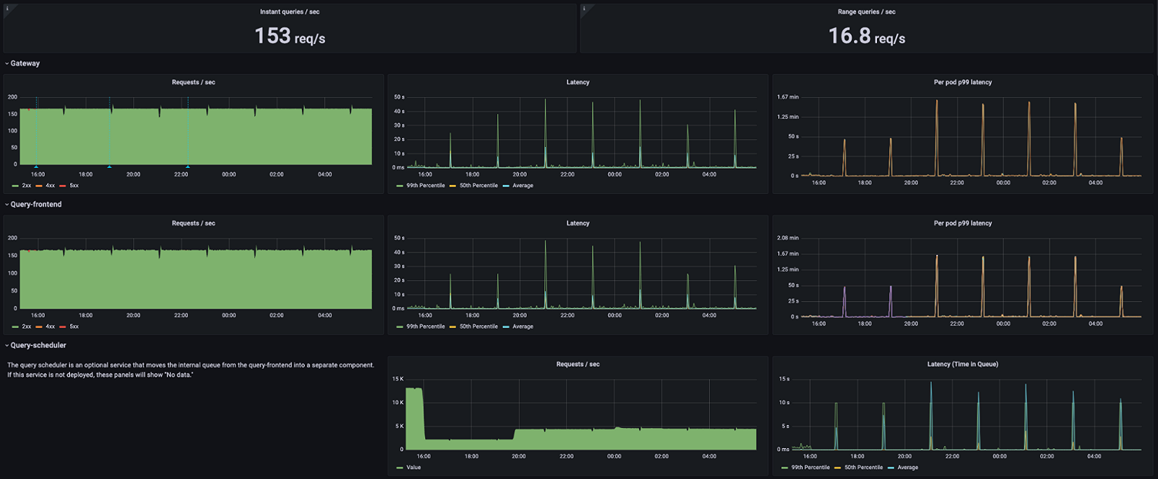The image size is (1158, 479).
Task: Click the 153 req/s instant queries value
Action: (x=289, y=36)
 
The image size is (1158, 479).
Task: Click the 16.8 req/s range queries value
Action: (x=866, y=36)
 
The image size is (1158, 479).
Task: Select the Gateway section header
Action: (x=25, y=63)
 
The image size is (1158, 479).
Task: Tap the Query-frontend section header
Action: (x=35, y=204)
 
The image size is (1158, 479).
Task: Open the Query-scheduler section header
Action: (x=38, y=345)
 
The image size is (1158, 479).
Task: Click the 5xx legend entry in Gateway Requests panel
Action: (x=73, y=186)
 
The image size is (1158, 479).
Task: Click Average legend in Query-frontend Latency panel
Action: (x=522, y=327)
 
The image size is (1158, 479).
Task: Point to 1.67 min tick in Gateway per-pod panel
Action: (x=788, y=97)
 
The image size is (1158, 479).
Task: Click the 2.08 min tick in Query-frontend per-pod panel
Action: (x=788, y=238)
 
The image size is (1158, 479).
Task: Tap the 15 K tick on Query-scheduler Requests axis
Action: (x=398, y=379)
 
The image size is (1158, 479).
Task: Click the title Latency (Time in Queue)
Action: (x=962, y=364)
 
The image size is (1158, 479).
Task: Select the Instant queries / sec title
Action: (x=289, y=12)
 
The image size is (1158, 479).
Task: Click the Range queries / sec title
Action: (x=866, y=12)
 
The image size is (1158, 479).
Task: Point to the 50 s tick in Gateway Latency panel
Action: (x=399, y=97)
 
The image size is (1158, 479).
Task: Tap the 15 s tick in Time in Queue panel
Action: (x=784, y=379)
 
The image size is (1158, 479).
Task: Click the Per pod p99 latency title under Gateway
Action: (x=962, y=82)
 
